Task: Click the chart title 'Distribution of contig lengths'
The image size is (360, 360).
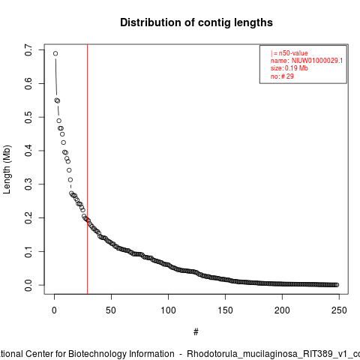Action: tap(196, 22)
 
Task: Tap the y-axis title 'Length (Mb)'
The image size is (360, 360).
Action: tap(7, 169)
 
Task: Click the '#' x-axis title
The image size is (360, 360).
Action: tap(196, 332)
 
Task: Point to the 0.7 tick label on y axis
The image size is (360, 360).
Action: tap(28, 50)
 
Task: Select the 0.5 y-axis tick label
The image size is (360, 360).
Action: tap(28, 117)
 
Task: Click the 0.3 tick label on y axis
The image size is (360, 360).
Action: tap(28, 184)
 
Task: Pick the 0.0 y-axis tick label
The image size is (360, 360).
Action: tap(28, 285)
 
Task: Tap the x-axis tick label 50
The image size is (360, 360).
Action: tap(111, 310)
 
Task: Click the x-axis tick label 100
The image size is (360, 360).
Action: tap(168, 310)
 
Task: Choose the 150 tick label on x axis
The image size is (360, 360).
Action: tap(225, 310)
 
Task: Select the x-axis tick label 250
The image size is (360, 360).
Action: tap(339, 310)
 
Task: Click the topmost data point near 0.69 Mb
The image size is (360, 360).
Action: tap(55, 53)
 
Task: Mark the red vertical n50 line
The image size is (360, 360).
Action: tap(88, 169)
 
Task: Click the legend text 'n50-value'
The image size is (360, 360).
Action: tap(293, 53)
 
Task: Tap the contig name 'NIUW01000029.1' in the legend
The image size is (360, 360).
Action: tap(317, 61)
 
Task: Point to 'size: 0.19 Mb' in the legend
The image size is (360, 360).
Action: tap(289, 68)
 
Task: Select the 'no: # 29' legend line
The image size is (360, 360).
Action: tap(282, 76)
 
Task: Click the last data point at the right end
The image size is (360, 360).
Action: tap(337, 285)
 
